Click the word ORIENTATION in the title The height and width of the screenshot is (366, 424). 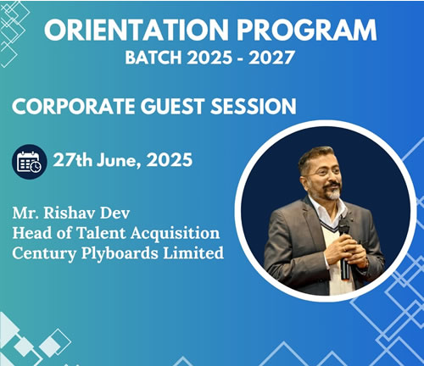coord(137,30)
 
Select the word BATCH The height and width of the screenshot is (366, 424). coord(153,58)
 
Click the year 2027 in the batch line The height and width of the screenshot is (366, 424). coord(271,58)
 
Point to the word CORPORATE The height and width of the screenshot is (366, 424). coord(73,106)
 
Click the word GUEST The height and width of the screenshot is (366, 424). coord(172,106)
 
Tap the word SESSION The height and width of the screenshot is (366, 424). coord(254,106)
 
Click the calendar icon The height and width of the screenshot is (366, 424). coord(29,162)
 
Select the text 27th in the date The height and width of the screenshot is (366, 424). coord(73,160)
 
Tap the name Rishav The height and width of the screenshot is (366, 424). coord(68,213)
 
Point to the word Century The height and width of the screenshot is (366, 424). coord(44,254)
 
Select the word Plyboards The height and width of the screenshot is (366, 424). coord(120,254)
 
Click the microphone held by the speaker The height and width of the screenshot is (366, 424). coord(344,248)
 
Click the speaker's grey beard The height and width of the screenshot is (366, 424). coord(332,192)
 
